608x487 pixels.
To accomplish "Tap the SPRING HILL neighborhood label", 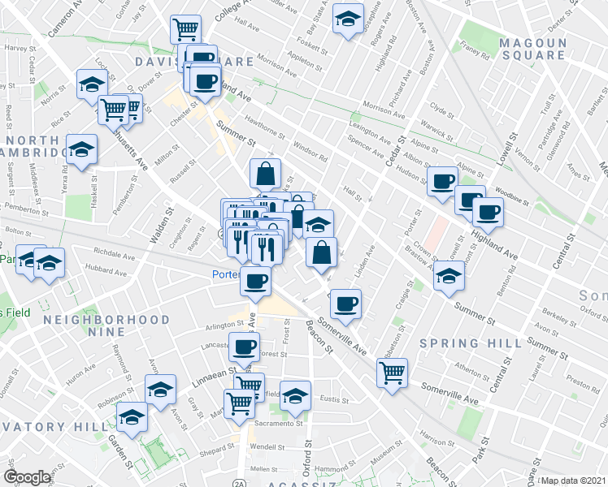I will tap(471, 343).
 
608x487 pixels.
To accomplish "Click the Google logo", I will tap(27, 477).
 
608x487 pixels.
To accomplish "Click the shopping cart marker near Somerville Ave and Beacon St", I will tap(393, 373).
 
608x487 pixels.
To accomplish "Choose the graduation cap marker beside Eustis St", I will tap(295, 395).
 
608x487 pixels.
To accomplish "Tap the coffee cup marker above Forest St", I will tap(244, 347).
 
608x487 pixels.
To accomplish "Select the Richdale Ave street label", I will tap(114, 252).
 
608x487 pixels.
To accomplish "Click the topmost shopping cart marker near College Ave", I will tap(185, 30).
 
